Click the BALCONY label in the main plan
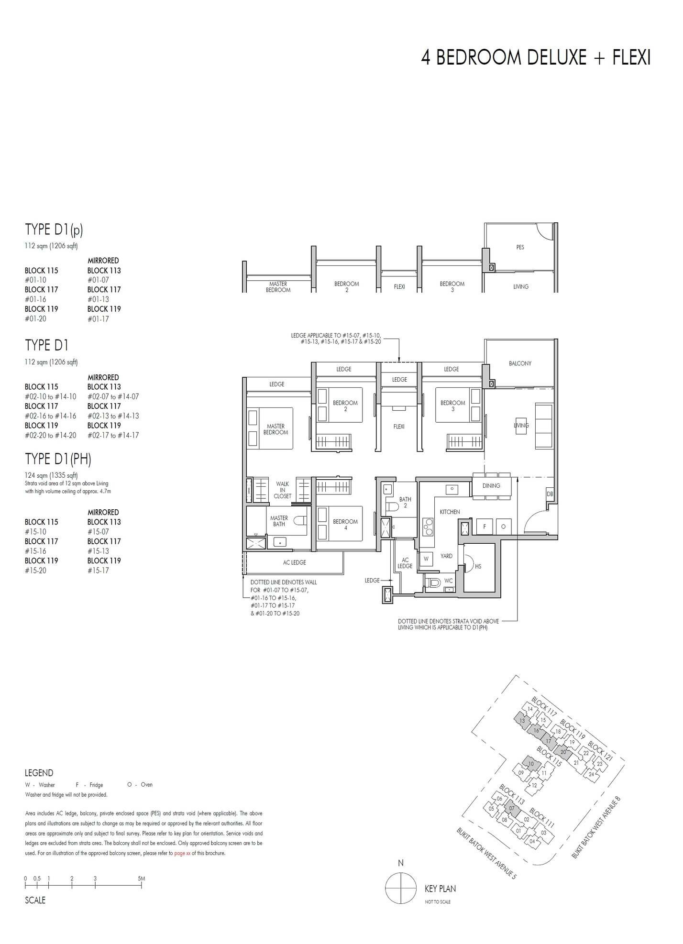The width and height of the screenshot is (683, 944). [520, 363]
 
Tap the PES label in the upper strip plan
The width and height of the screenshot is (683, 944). [520, 247]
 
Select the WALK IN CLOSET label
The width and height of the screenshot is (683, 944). [282, 490]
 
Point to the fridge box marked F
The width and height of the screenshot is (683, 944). [485, 527]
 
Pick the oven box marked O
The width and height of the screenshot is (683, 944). [503, 527]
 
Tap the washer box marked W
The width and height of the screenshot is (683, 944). [426, 559]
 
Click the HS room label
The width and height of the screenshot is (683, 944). [478, 566]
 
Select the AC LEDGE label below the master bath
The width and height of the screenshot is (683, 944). [294, 562]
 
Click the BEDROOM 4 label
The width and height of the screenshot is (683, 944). [345, 525]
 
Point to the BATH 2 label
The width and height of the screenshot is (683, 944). [405, 502]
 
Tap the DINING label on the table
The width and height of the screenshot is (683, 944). [491, 486]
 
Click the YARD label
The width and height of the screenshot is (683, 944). [446, 556]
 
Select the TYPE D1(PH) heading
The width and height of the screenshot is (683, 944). [58, 459]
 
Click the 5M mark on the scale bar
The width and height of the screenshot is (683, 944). [141, 878]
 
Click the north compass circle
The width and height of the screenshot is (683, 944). [401, 889]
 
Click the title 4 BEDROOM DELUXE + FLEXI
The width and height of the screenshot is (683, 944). [536, 58]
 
